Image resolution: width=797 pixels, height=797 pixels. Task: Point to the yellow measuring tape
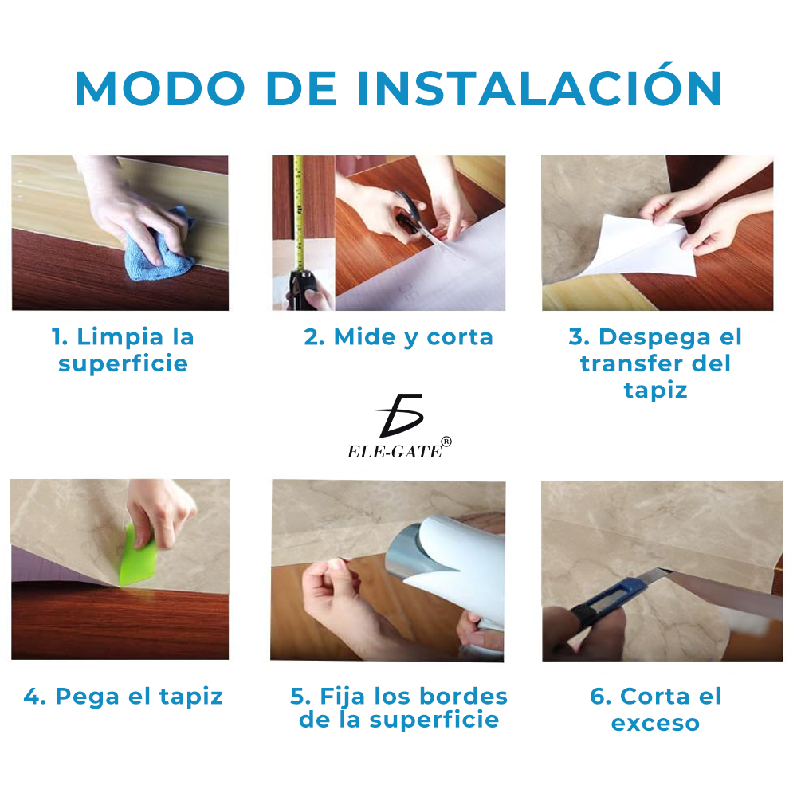tap(299, 215)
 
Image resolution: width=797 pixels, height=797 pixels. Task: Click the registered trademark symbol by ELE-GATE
tap(446, 442)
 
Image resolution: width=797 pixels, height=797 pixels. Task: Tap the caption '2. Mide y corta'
tap(398, 337)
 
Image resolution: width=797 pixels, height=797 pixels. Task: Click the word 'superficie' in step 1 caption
tap(123, 364)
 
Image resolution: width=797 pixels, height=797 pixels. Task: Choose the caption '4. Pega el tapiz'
tap(124, 697)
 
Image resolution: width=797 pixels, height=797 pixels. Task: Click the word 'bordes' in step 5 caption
tap(459, 697)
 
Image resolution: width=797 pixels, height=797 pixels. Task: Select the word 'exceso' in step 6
tap(655, 724)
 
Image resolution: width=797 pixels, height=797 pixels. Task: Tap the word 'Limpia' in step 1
tap(110, 337)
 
